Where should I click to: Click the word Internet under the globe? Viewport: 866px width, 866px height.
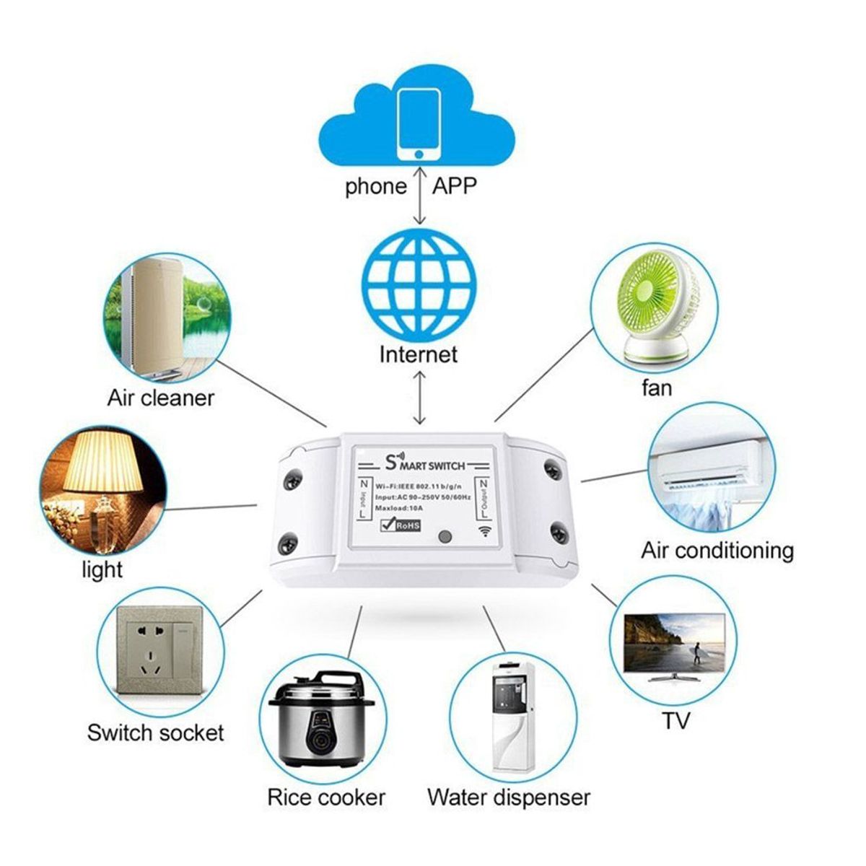tap(419, 354)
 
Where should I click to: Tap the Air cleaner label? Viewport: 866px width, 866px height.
tap(160, 398)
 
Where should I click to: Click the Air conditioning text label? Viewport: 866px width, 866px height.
tap(717, 551)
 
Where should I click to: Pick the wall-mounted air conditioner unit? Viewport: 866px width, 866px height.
tap(710, 463)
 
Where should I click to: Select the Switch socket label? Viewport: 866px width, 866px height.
tap(155, 733)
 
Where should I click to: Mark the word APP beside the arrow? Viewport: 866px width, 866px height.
tap(455, 185)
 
